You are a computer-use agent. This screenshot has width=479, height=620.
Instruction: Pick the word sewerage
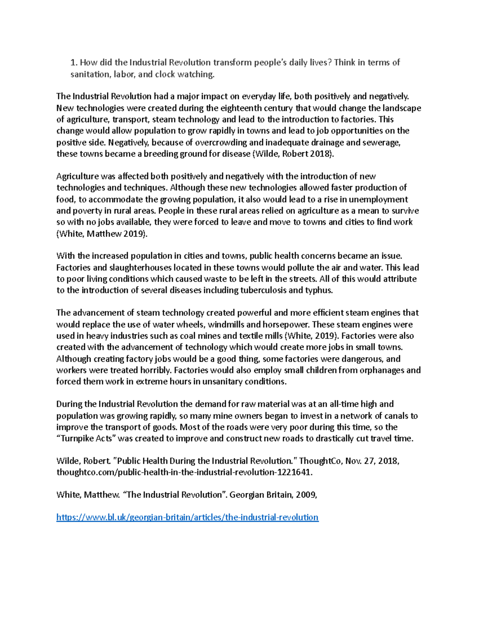[x=381, y=143]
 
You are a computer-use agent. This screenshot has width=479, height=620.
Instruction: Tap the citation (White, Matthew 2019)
[x=102, y=234]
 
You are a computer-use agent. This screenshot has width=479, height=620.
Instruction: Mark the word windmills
[x=226, y=324]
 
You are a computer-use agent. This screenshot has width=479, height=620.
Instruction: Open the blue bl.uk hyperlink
[x=187, y=518]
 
